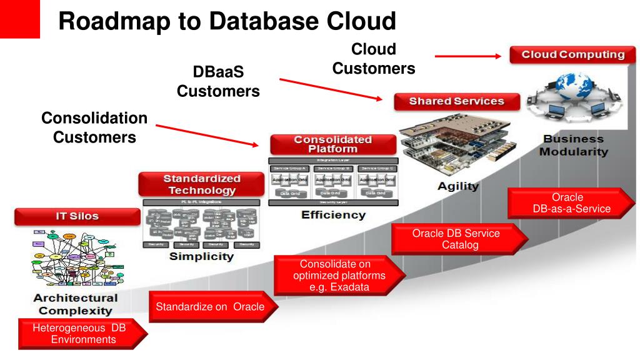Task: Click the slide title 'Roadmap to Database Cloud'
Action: tap(227, 21)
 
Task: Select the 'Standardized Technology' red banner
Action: tap(199, 184)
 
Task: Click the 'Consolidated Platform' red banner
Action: tap(332, 144)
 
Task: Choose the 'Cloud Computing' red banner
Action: tap(572, 54)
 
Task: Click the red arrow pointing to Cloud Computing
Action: tap(467, 56)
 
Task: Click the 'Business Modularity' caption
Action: tap(573, 146)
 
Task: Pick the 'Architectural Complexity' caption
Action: tap(76, 304)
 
